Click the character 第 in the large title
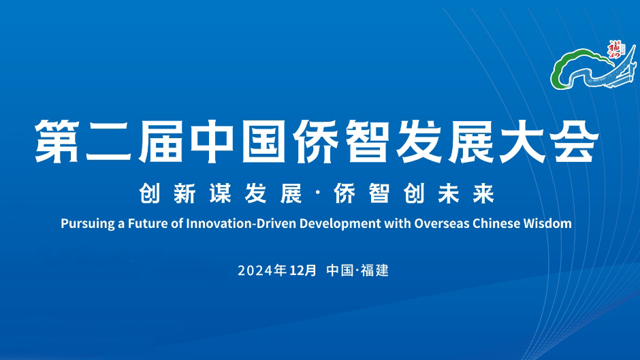pos(58,142)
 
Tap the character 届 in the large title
pos(161,142)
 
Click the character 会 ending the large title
pos(576,142)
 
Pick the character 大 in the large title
pos(524,142)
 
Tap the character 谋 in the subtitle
pos(221,193)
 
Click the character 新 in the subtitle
pos(185,193)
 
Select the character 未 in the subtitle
pos(449,193)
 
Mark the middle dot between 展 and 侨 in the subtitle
pos(318,193)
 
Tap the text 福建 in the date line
pos(374,270)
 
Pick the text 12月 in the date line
pos(303,270)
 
